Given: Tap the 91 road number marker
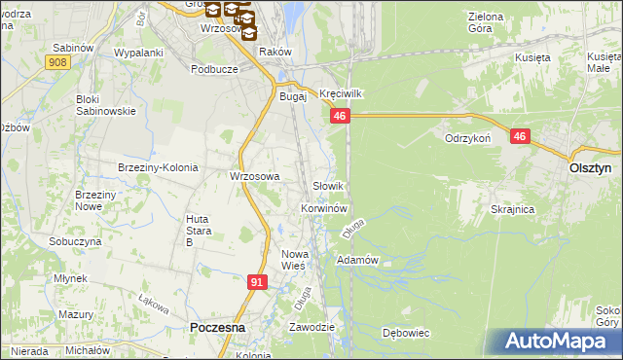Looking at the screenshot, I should (x=257, y=282).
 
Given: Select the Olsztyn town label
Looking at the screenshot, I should (x=589, y=167).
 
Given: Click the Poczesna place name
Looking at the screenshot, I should (x=216, y=329).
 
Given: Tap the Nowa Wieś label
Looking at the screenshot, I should (x=294, y=259).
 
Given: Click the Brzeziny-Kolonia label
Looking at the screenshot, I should (x=158, y=167).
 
